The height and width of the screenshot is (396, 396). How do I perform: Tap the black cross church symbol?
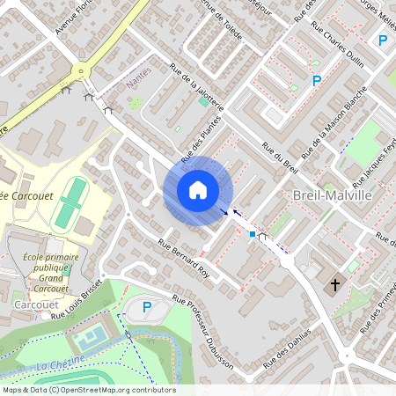pyautogui.click(x=334, y=284)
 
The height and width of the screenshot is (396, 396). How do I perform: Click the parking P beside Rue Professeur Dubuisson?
pyautogui.click(x=147, y=307)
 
